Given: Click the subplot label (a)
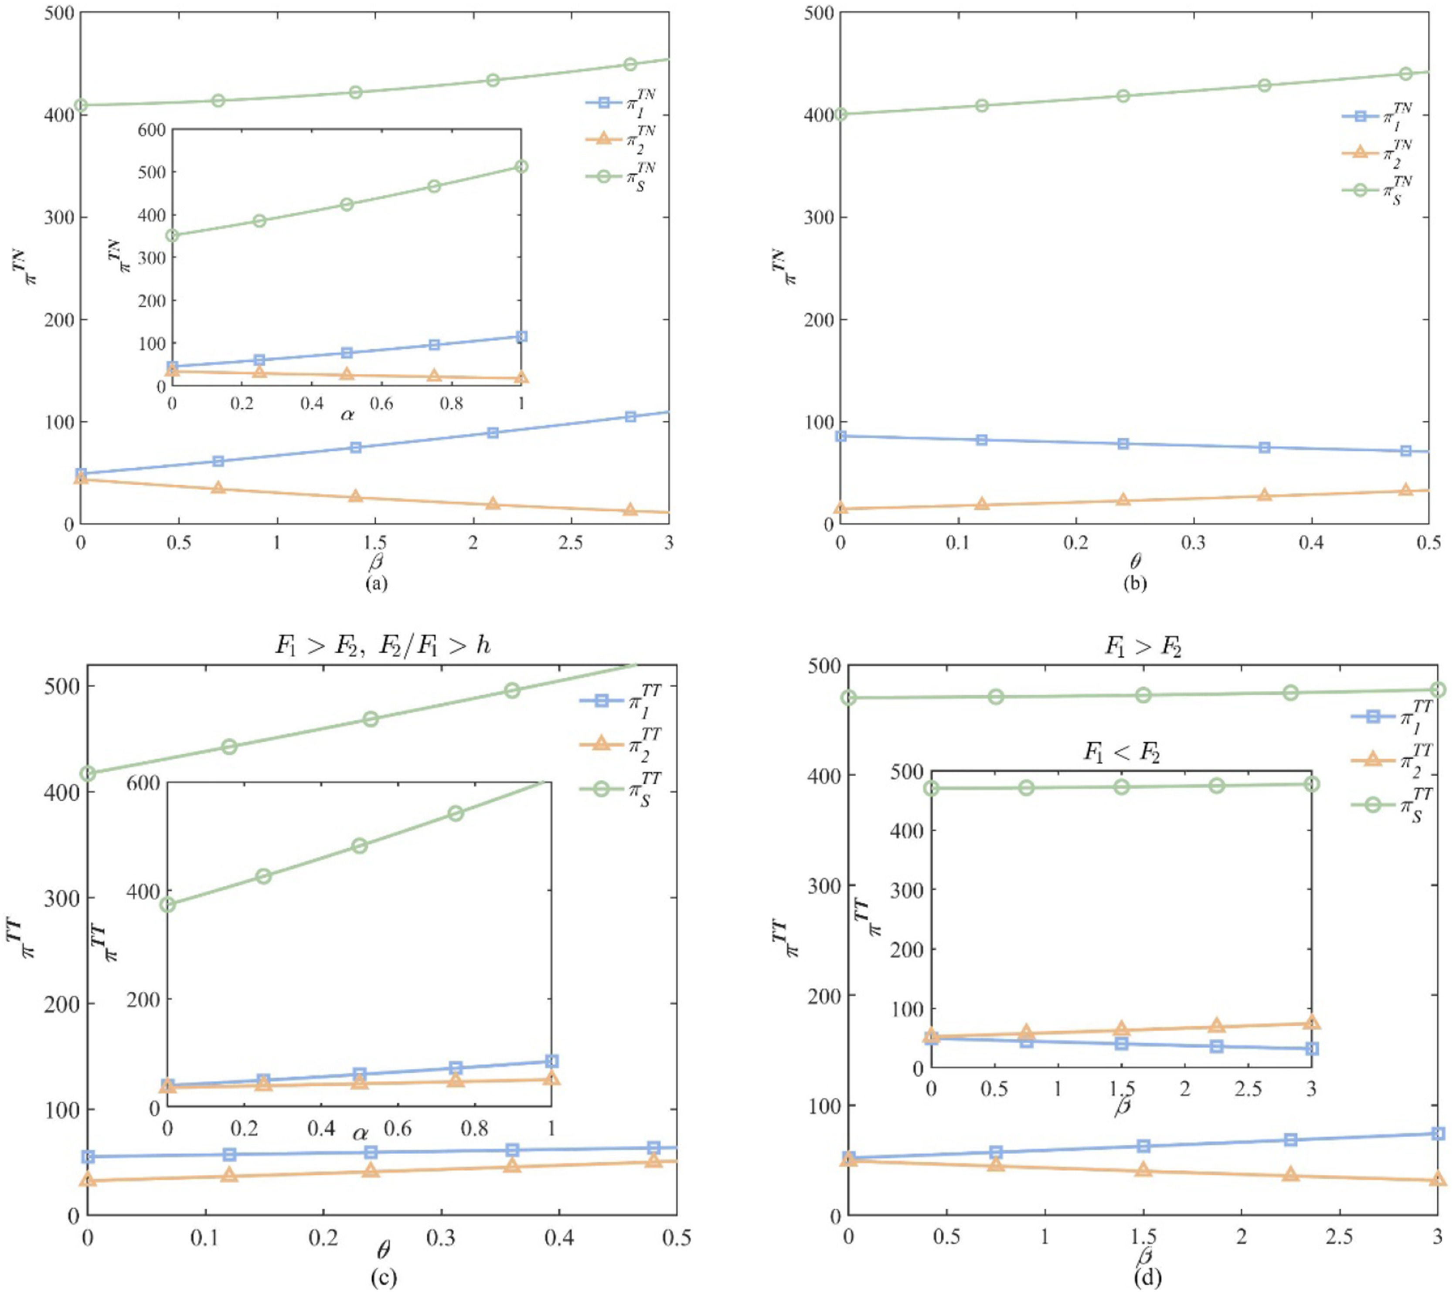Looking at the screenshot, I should (x=376, y=583).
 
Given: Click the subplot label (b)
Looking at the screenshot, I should (x=1134, y=583).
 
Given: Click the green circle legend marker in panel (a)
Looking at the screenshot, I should (x=603, y=176).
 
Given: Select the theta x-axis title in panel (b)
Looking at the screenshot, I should (x=1134, y=563).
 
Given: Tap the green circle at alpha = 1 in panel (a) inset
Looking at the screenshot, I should (x=521, y=166).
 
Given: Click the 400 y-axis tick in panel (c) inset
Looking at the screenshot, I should (x=144, y=891).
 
